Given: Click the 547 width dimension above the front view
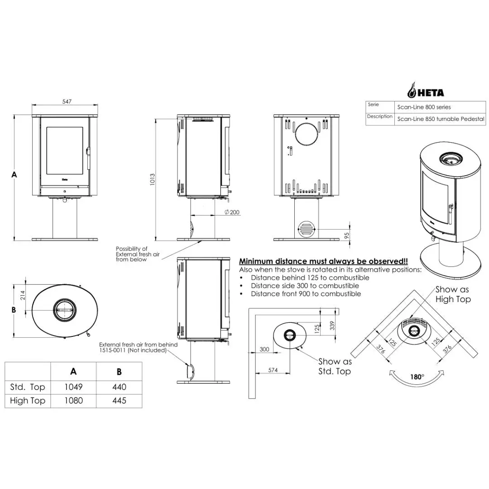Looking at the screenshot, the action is coord(67,101).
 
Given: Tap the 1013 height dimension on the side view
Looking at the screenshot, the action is coord(153,179).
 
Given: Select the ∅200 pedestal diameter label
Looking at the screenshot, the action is coord(232,212).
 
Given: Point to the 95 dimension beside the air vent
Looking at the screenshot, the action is coord(347,236).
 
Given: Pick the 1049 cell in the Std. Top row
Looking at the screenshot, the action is coord(73,387).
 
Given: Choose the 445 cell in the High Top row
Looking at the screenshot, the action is coord(119,401).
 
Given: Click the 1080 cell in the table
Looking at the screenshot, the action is coord(73,401).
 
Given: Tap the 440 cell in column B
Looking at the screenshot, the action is coord(119,387).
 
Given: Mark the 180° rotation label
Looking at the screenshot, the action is coord(417,377).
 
